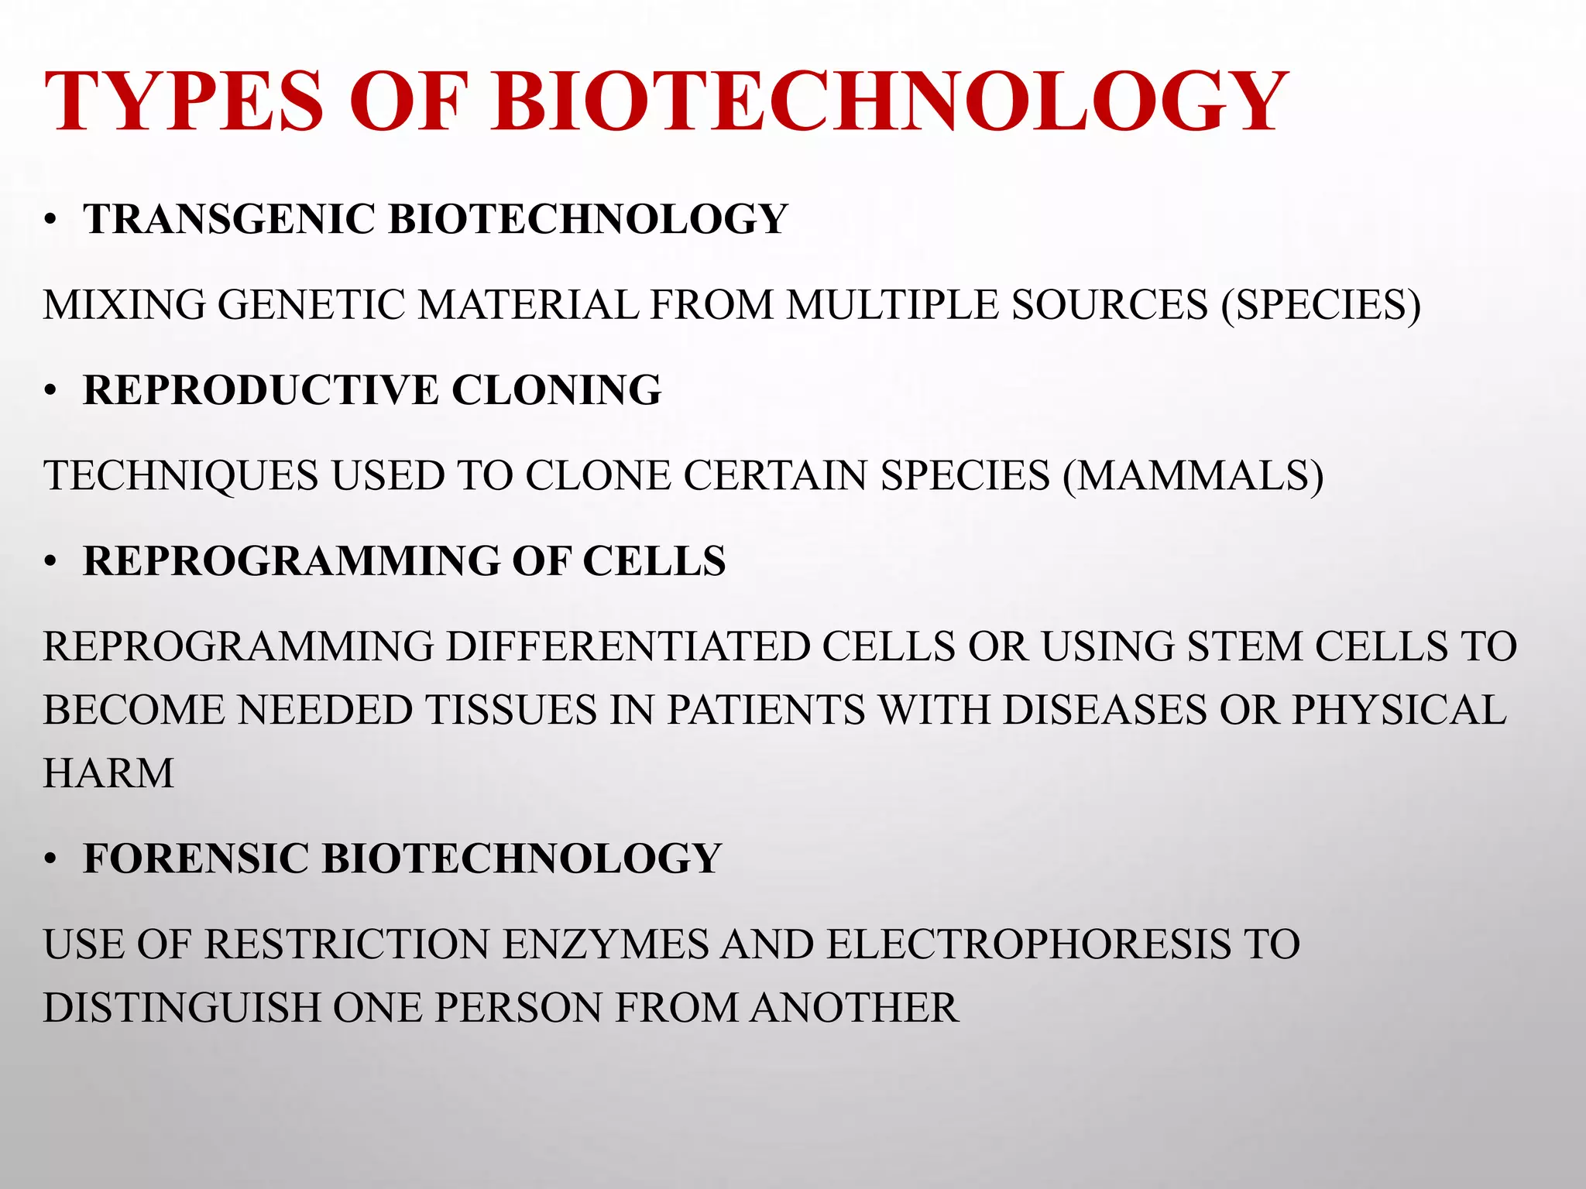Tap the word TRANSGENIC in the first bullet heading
[x=229, y=219]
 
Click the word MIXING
[x=125, y=304]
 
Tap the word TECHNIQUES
[x=180, y=475]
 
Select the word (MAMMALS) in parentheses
[x=1193, y=475]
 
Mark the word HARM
[x=108, y=773]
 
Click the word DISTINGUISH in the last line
[x=182, y=1008]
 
